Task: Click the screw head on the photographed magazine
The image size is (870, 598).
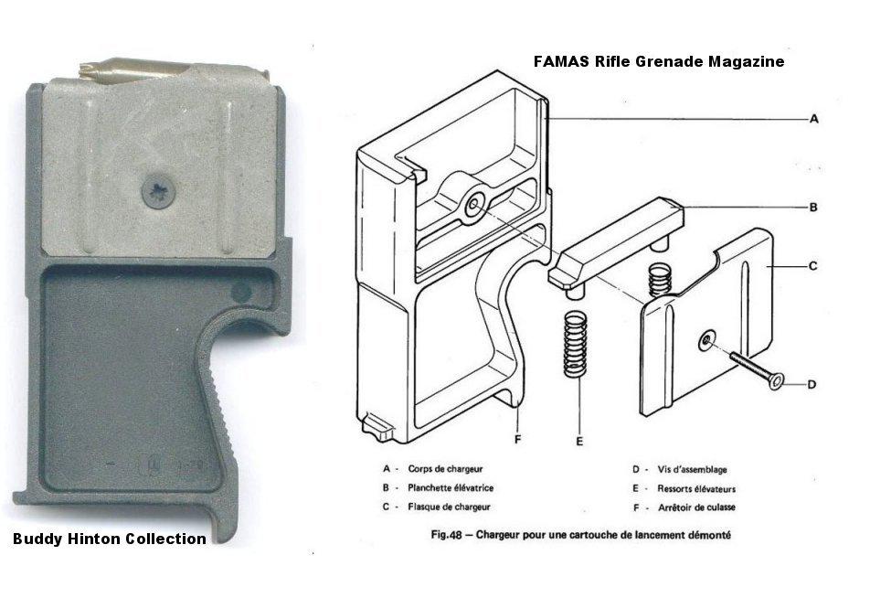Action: point(159,192)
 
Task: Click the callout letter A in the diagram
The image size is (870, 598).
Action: point(814,119)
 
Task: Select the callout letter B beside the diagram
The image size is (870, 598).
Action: point(813,208)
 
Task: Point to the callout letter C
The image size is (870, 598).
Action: point(813,266)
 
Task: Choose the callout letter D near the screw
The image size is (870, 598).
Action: point(812,384)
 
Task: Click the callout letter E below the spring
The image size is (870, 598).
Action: point(579,442)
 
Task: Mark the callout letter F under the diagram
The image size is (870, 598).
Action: point(517,439)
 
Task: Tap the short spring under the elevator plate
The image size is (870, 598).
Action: point(660,279)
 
